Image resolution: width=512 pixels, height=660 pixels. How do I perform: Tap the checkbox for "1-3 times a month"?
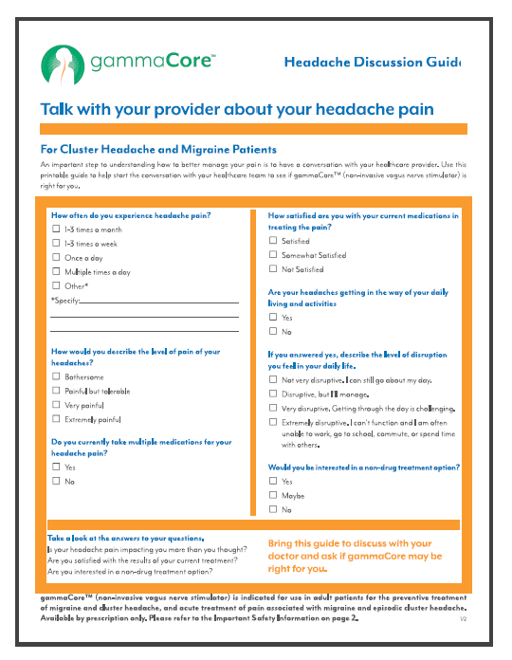point(57,229)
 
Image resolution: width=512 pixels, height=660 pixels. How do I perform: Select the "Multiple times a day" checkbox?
point(57,271)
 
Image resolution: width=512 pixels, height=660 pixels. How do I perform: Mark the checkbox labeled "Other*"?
point(57,285)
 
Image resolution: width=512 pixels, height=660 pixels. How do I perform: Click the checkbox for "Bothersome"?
point(57,376)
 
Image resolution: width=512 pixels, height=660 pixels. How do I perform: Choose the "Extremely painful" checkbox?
point(57,418)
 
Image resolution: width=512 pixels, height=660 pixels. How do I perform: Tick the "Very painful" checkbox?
point(57,404)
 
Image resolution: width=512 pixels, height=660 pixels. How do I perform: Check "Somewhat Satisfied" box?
point(273,255)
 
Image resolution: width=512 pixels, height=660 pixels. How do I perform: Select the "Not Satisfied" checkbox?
point(273,269)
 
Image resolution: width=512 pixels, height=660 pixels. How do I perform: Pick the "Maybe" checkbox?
point(273,495)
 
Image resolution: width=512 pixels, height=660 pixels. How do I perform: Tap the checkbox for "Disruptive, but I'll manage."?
point(273,394)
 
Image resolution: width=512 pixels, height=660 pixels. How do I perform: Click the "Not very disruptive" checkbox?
point(273,379)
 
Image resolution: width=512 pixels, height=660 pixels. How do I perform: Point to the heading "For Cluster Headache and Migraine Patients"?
point(158,149)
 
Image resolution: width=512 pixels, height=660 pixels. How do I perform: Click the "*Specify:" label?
point(65,300)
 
